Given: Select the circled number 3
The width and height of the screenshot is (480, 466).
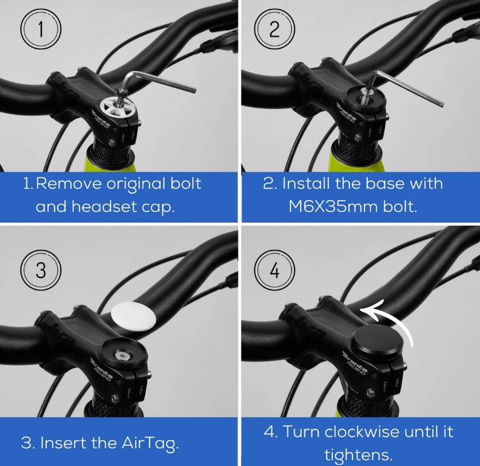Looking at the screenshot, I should tap(40, 270).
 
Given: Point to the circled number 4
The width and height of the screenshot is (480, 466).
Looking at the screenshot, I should tap(274, 270).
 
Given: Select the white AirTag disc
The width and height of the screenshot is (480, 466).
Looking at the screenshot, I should tap(132, 315).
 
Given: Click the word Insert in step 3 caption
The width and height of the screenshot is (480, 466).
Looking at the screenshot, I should tap(65, 443).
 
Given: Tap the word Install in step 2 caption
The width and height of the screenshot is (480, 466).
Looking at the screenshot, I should tap(309, 184).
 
